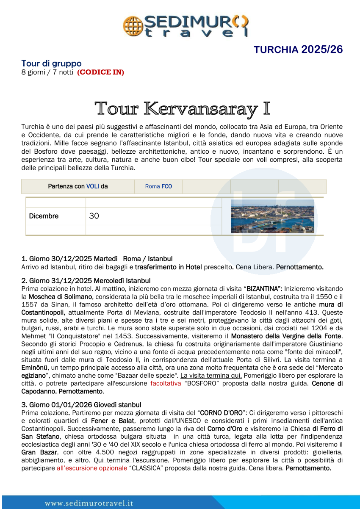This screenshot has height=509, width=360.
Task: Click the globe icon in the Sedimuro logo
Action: click(x=132, y=26)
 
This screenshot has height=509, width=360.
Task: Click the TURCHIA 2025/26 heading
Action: click(x=298, y=50)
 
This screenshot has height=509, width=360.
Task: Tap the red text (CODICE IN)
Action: click(x=100, y=72)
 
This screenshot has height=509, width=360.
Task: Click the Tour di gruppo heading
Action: click(x=51, y=64)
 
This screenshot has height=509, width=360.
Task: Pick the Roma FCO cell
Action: click(x=158, y=186)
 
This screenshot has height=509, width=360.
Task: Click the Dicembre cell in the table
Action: click(x=44, y=216)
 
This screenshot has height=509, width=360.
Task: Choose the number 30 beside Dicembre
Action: click(x=94, y=216)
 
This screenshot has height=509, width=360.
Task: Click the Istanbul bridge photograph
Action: click(x=272, y=216)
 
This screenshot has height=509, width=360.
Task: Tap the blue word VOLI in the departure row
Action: click(x=93, y=186)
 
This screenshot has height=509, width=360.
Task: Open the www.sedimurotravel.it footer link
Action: click(x=89, y=503)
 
